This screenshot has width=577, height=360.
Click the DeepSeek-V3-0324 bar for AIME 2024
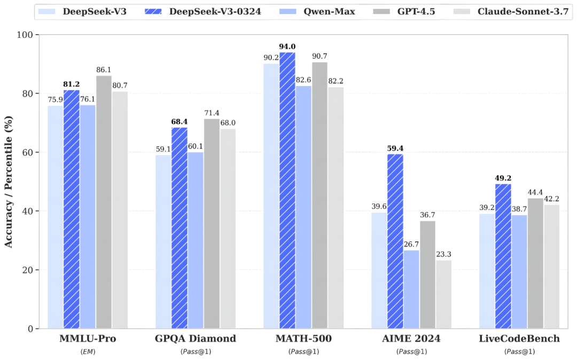(x=395, y=241)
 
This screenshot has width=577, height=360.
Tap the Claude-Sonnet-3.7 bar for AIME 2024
(x=443, y=294)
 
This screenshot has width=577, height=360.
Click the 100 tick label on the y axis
(x=25, y=35)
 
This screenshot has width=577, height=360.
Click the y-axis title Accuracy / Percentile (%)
(x=9, y=182)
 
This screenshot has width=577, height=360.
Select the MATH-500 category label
(x=303, y=339)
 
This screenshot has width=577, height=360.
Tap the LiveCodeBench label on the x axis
(x=519, y=339)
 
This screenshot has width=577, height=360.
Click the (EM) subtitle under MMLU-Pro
(x=88, y=351)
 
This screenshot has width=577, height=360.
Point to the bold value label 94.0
(x=287, y=46)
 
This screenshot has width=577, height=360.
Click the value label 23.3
(x=444, y=254)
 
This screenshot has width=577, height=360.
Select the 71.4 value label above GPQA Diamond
(x=212, y=113)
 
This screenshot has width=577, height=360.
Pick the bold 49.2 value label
(x=503, y=178)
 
